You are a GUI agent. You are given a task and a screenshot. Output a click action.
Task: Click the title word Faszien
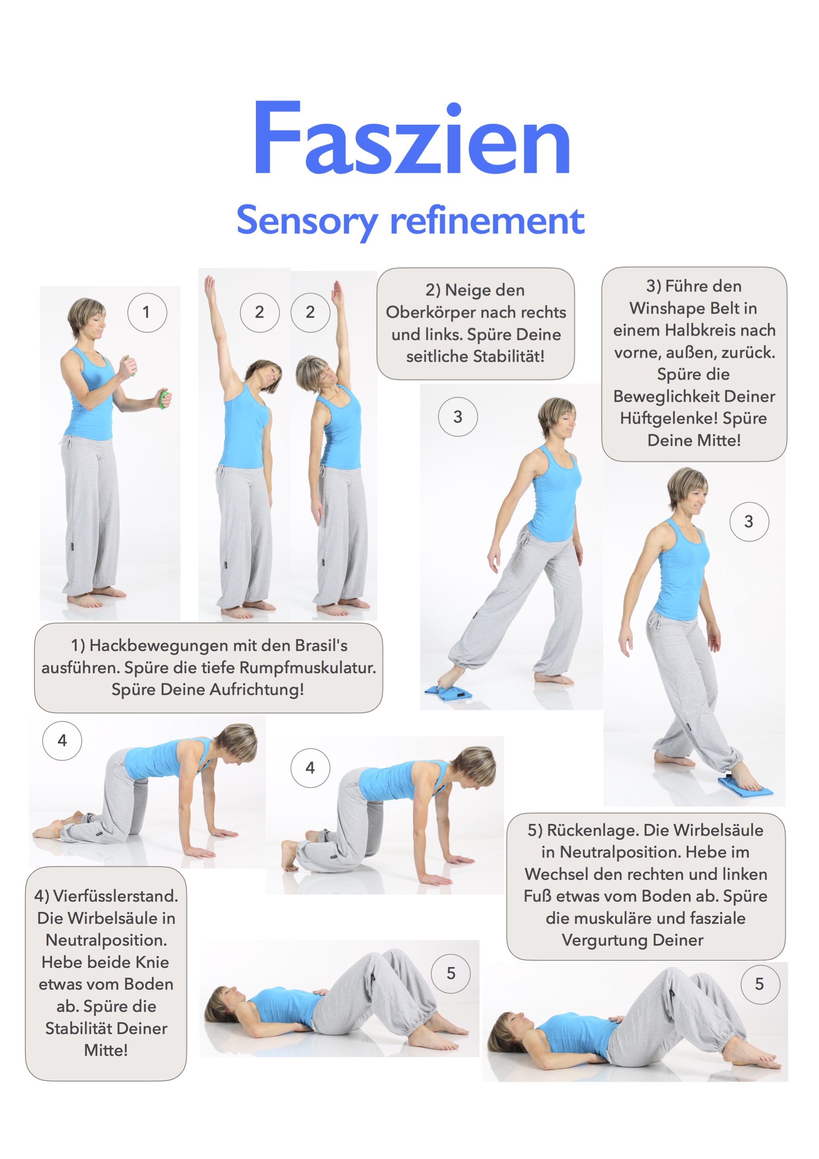pos(412,138)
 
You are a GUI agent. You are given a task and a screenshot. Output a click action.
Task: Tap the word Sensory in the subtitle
pos(307,221)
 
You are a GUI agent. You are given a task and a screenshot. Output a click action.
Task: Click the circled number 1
pos(146,312)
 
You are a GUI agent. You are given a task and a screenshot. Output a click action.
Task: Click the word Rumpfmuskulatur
pos(307,668)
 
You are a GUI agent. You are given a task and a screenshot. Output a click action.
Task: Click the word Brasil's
pos(321,646)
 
